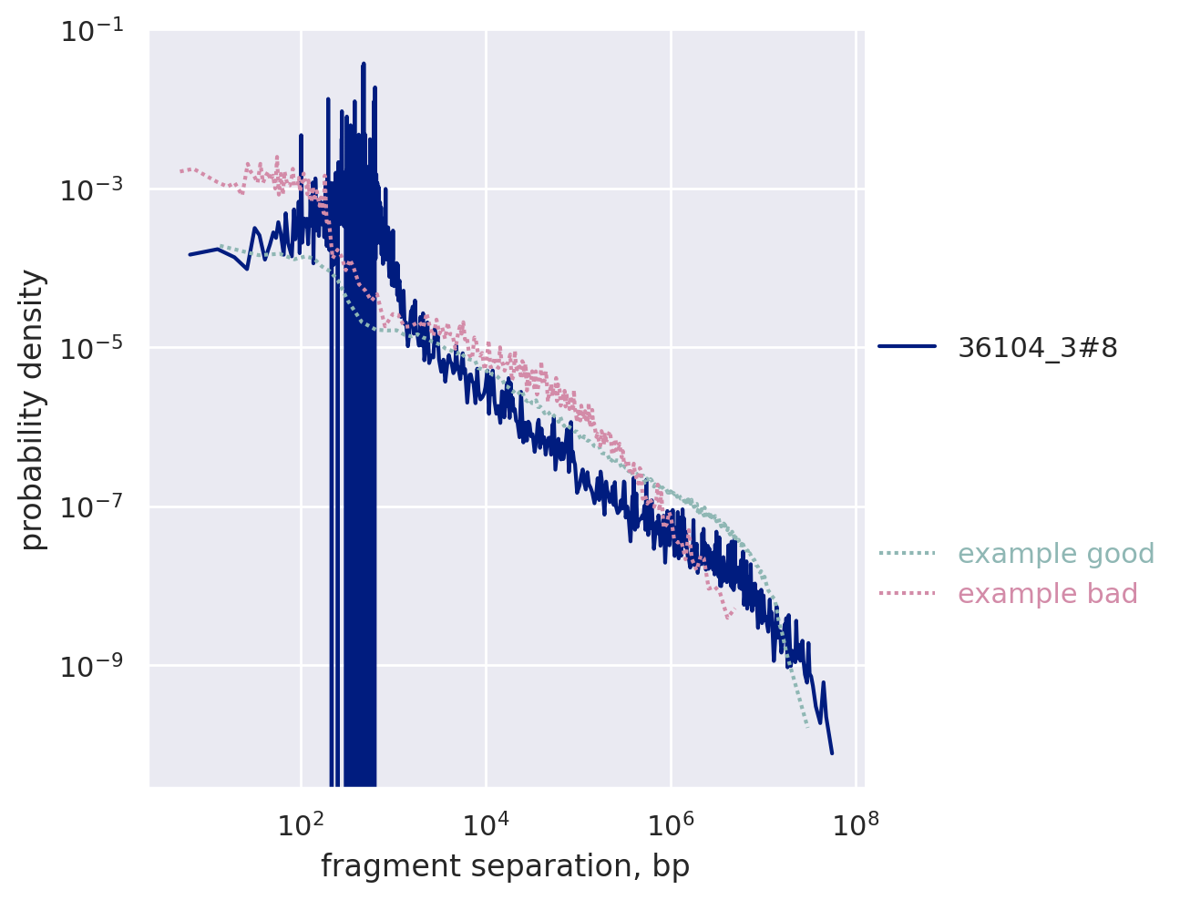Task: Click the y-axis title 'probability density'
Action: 34,410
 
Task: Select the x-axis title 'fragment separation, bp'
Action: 505,867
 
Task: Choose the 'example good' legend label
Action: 1056,554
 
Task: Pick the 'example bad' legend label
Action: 1048,594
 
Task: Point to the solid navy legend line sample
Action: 907,346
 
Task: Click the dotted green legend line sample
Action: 907,553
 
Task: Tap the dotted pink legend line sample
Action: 907,594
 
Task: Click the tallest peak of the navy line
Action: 364,64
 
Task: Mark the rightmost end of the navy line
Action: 832,753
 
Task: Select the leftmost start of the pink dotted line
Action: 180,171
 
